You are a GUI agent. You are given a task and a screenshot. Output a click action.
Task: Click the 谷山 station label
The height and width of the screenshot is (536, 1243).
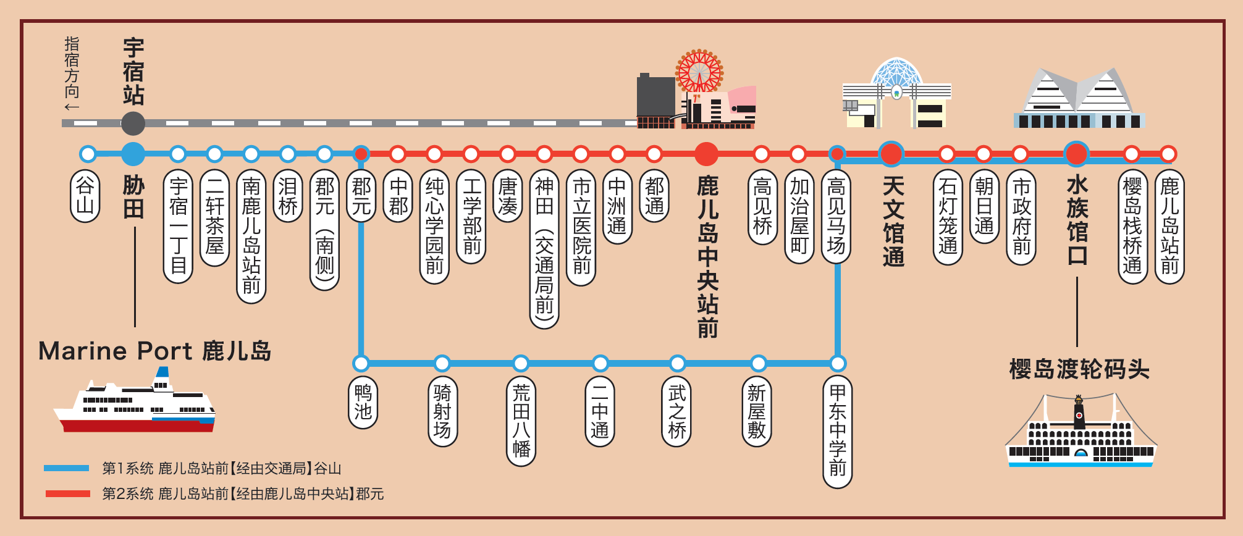[85, 196]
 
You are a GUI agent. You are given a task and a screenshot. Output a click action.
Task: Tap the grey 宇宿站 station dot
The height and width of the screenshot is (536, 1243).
[133, 124]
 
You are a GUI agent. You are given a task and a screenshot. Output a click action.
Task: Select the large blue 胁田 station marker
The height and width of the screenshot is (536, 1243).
[133, 154]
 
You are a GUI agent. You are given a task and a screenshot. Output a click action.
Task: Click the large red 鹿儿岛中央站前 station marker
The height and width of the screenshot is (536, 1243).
[706, 154]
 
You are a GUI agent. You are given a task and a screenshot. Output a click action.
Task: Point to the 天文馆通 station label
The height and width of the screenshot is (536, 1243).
[893, 220]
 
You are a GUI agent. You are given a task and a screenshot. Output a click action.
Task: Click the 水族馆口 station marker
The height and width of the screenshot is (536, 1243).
[1076, 154]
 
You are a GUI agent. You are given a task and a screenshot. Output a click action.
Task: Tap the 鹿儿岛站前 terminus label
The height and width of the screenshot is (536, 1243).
[1169, 227]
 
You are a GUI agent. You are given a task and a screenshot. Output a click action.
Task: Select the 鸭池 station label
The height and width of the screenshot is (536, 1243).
[363, 402]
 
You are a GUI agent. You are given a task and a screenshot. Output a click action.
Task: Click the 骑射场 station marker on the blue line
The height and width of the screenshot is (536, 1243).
[442, 363]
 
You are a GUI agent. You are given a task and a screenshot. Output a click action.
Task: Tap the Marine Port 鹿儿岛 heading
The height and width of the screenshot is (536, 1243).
[155, 351]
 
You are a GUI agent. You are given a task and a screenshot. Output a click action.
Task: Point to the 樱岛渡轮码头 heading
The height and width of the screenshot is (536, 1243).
[1079, 369]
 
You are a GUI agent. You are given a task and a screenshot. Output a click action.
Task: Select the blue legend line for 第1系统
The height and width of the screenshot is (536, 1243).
[67, 468]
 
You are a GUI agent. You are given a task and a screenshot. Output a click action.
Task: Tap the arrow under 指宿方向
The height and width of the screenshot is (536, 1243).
[72, 107]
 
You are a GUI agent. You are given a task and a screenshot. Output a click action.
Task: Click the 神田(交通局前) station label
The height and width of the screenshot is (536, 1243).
[544, 249]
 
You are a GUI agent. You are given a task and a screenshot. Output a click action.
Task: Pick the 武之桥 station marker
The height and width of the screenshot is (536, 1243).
[678, 363]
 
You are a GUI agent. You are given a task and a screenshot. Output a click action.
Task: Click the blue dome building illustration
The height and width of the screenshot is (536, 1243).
[896, 93]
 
